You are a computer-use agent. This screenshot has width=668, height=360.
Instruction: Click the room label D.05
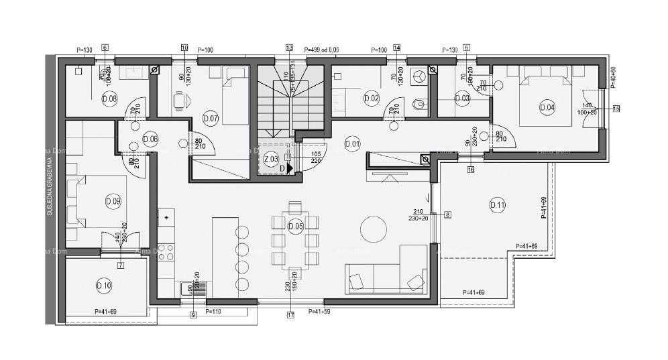tap(295, 227)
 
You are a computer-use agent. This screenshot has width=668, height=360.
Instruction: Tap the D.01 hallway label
tap(352, 142)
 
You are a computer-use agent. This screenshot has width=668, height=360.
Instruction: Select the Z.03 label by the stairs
tap(271, 160)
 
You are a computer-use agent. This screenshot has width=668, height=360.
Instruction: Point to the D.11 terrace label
tap(497, 206)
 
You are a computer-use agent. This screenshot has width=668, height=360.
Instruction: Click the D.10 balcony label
tap(104, 286)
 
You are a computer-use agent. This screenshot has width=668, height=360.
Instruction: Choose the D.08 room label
tap(109, 99)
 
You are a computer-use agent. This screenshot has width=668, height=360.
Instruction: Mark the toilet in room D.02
tap(419, 104)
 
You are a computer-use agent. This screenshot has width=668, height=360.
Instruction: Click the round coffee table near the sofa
tap(373, 230)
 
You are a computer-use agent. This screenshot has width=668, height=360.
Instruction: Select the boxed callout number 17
tap(290, 314)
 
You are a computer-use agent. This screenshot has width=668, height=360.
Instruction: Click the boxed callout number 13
tap(289, 48)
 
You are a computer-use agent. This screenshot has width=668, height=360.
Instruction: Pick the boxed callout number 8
tap(448, 215)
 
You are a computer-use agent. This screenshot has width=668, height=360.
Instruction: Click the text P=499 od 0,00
tap(321, 50)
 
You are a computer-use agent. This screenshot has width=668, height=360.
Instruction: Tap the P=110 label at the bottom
tap(213, 312)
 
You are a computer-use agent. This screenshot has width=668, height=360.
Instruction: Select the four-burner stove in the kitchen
tap(166, 252)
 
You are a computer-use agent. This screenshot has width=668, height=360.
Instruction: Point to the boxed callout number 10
tap(184, 48)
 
